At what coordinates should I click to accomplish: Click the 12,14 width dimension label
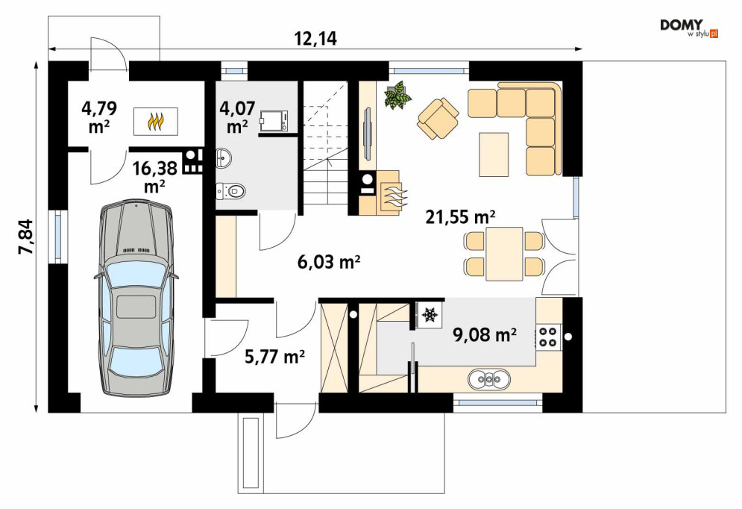315,39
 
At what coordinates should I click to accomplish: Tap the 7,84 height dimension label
27,237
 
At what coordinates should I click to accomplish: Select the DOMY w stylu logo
689,28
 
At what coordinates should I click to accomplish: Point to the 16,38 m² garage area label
155,177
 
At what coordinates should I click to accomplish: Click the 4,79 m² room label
99,117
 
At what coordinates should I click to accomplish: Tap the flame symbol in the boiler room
156,121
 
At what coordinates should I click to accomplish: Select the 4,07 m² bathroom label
238,117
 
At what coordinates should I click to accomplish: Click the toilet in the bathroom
231,191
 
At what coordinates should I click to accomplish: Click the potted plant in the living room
397,96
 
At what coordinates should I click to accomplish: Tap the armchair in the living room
438,119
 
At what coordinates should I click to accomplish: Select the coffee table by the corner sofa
494,154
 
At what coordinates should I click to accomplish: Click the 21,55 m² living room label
460,217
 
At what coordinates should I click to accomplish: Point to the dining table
504,254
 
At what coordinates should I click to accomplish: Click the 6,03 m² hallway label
329,261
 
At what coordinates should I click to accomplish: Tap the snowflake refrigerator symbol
430,315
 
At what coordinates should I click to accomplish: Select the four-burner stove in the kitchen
548,337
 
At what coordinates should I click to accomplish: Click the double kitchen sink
489,379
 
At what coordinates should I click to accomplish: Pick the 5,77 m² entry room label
274,356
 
